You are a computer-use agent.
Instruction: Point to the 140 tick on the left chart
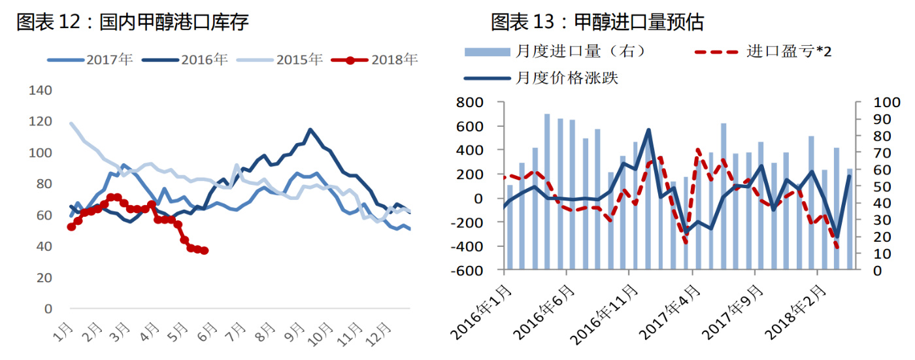(41, 90)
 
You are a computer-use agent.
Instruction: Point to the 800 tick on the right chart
(470, 103)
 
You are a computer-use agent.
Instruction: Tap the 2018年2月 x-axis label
(793, 314)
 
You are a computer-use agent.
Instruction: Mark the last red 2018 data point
(205, 250)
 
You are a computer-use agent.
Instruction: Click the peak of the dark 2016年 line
(310, 129)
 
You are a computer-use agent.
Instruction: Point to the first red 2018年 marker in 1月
(71, 227)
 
